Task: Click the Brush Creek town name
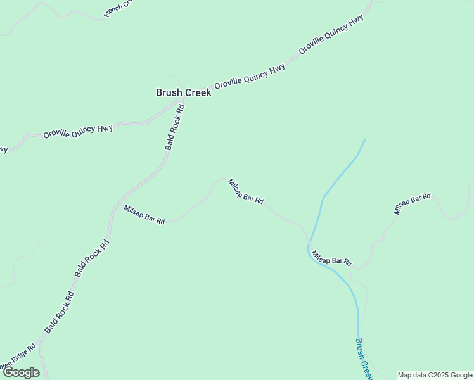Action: tap(183, 92)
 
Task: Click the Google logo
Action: tap(21, 372)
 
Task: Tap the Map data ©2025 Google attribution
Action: tap(435, 375)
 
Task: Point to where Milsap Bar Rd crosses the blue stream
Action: tap(309, 244)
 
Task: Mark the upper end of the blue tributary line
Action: tap(365, 140)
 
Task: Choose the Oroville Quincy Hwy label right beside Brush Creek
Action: tap(249, 76)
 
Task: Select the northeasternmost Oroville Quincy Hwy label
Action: tap(331, 34)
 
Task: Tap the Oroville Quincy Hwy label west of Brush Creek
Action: tap(78, 132)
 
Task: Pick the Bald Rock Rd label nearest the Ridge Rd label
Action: tap(58, 313)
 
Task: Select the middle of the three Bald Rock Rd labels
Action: tap(92, 258)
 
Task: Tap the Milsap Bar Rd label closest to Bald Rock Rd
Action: tap(144, 215)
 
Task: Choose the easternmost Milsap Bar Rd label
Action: tap(412, 204)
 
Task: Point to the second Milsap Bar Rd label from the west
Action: tap(245, 191)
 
